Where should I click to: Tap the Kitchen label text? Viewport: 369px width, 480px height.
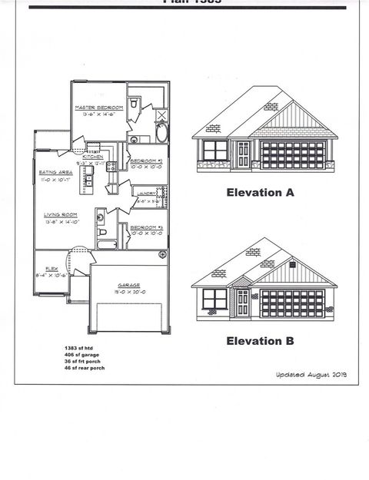pos(94,156)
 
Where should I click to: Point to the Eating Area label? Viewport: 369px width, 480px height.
pos(55,173)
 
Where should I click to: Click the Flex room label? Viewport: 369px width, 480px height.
pos(52,269)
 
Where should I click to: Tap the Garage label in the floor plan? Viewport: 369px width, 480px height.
pos(128,285)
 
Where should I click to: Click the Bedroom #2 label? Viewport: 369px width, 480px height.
pos(146,161)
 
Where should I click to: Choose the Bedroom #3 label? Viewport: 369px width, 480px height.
pos(146,228)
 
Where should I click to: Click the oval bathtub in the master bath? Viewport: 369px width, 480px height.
pos(161,133)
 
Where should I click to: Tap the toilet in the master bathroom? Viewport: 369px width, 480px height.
pos(134,102)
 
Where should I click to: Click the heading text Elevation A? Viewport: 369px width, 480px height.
pos(260,194)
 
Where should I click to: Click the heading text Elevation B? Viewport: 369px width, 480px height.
pos(260,339)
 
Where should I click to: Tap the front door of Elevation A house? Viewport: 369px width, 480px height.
pos(243,154)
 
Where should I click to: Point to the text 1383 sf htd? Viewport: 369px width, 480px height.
pos(81,348)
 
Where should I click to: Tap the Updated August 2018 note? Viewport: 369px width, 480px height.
pos(311,374)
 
